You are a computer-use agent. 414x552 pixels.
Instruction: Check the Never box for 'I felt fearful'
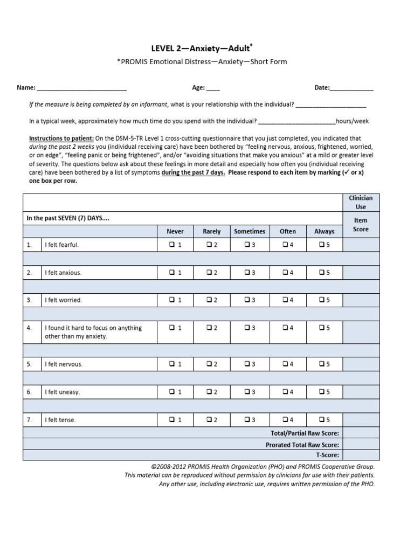pyautogui.click(x=171, y=245)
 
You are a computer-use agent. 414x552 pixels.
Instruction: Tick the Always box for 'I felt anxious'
pyautogui.click(x=321, y=273)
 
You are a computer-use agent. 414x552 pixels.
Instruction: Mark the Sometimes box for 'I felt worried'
pyautogui.click(x=246, y=300)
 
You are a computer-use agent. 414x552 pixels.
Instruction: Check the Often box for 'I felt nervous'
pyautogui.click(x=284, y=364)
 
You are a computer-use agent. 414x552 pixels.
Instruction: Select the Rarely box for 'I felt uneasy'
pyautogui.click(x=209, y=392)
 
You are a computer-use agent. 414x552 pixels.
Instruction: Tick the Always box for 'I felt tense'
pyautogui.click(x=321, y=419)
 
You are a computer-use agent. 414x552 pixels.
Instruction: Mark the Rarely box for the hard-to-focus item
pyautogui.click(x=209, y=328)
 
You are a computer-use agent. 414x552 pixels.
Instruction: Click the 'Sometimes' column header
pyautogui.click(x=250, y=231)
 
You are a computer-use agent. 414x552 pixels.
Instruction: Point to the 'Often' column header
pyautogui.click(x=287, y=231)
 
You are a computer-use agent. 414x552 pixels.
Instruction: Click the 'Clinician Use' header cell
pyautogui.click(x=361, y=202)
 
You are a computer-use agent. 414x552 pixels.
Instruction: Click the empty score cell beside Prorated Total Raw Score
pyautogui.click(x=361, y=445)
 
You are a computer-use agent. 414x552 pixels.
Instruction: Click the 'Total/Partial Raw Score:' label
pyautogui.click(x=305, y=433)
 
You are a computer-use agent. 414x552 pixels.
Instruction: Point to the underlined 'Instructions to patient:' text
pyautogui.click(x=61, y=138)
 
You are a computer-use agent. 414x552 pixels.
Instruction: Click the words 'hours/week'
pyautogui.click(x=352, y=121)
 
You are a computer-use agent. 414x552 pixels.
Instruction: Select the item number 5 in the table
pyautogui.click(x=30, y=364)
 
